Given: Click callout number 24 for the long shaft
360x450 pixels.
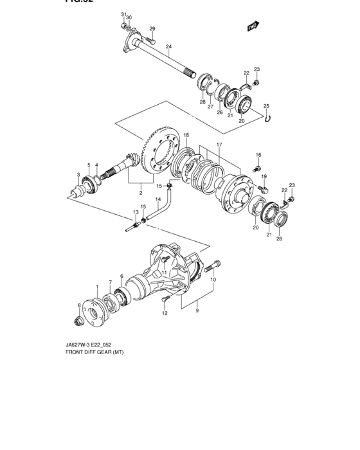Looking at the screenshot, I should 168,46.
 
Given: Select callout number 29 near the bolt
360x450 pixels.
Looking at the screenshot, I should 152,29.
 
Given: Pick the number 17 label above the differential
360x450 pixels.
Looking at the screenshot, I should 219,145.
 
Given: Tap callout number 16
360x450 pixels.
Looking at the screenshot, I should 258,155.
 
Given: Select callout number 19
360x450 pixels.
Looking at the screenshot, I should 264,177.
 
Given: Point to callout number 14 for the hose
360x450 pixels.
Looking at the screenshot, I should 157,199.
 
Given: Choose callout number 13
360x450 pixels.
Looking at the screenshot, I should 136,212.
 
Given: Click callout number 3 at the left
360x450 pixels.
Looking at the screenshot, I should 78,175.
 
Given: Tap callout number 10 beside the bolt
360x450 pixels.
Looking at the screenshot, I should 213,280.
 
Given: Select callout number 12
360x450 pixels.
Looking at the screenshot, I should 165,314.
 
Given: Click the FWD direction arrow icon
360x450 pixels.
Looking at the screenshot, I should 253,26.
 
